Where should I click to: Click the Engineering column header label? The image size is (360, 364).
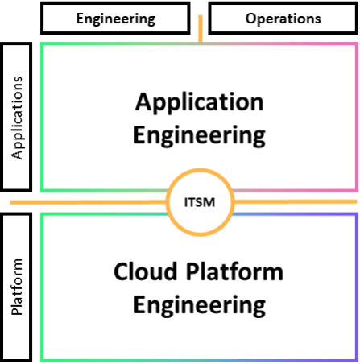(x=115, y=18)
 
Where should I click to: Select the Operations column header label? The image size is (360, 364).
(x=283, y=18)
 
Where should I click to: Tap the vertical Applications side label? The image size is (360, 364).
(x=18, y=118)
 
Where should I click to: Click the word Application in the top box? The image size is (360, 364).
(x=199, y=102)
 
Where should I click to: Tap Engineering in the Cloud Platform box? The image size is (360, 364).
(x=199, y=305)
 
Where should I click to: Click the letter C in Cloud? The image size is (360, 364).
(x=122, y=272)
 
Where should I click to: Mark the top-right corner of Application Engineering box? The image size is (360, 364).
(x=355, y=44)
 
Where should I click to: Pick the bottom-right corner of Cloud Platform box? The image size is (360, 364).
(x=355, y=360)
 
